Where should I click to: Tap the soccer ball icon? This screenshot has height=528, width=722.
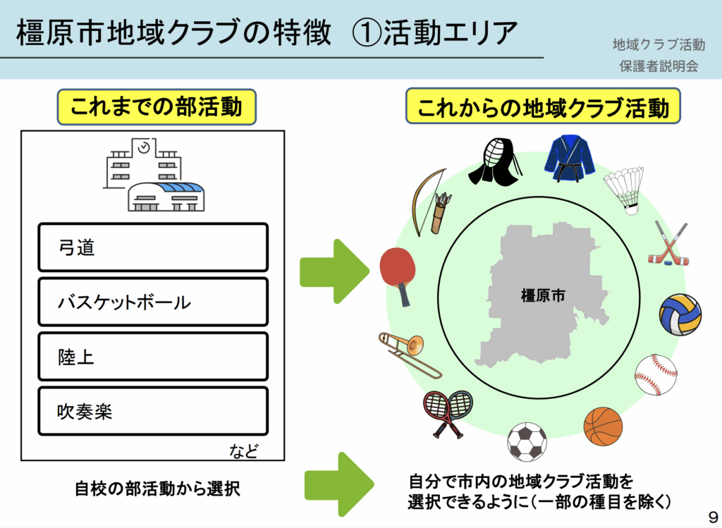527,441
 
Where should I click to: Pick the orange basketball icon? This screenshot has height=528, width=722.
603,426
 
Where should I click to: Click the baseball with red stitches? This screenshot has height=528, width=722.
655,375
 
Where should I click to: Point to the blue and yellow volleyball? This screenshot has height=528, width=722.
680,314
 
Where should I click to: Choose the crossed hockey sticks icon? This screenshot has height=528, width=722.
668,245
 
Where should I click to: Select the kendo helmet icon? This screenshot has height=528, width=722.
501,161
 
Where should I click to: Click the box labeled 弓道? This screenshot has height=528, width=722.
153,247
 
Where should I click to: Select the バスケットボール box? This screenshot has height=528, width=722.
153,302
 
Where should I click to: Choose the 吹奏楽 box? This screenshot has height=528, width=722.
153,411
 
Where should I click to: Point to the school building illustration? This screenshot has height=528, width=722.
153,174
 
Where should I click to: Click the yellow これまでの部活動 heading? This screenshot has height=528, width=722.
156,107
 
